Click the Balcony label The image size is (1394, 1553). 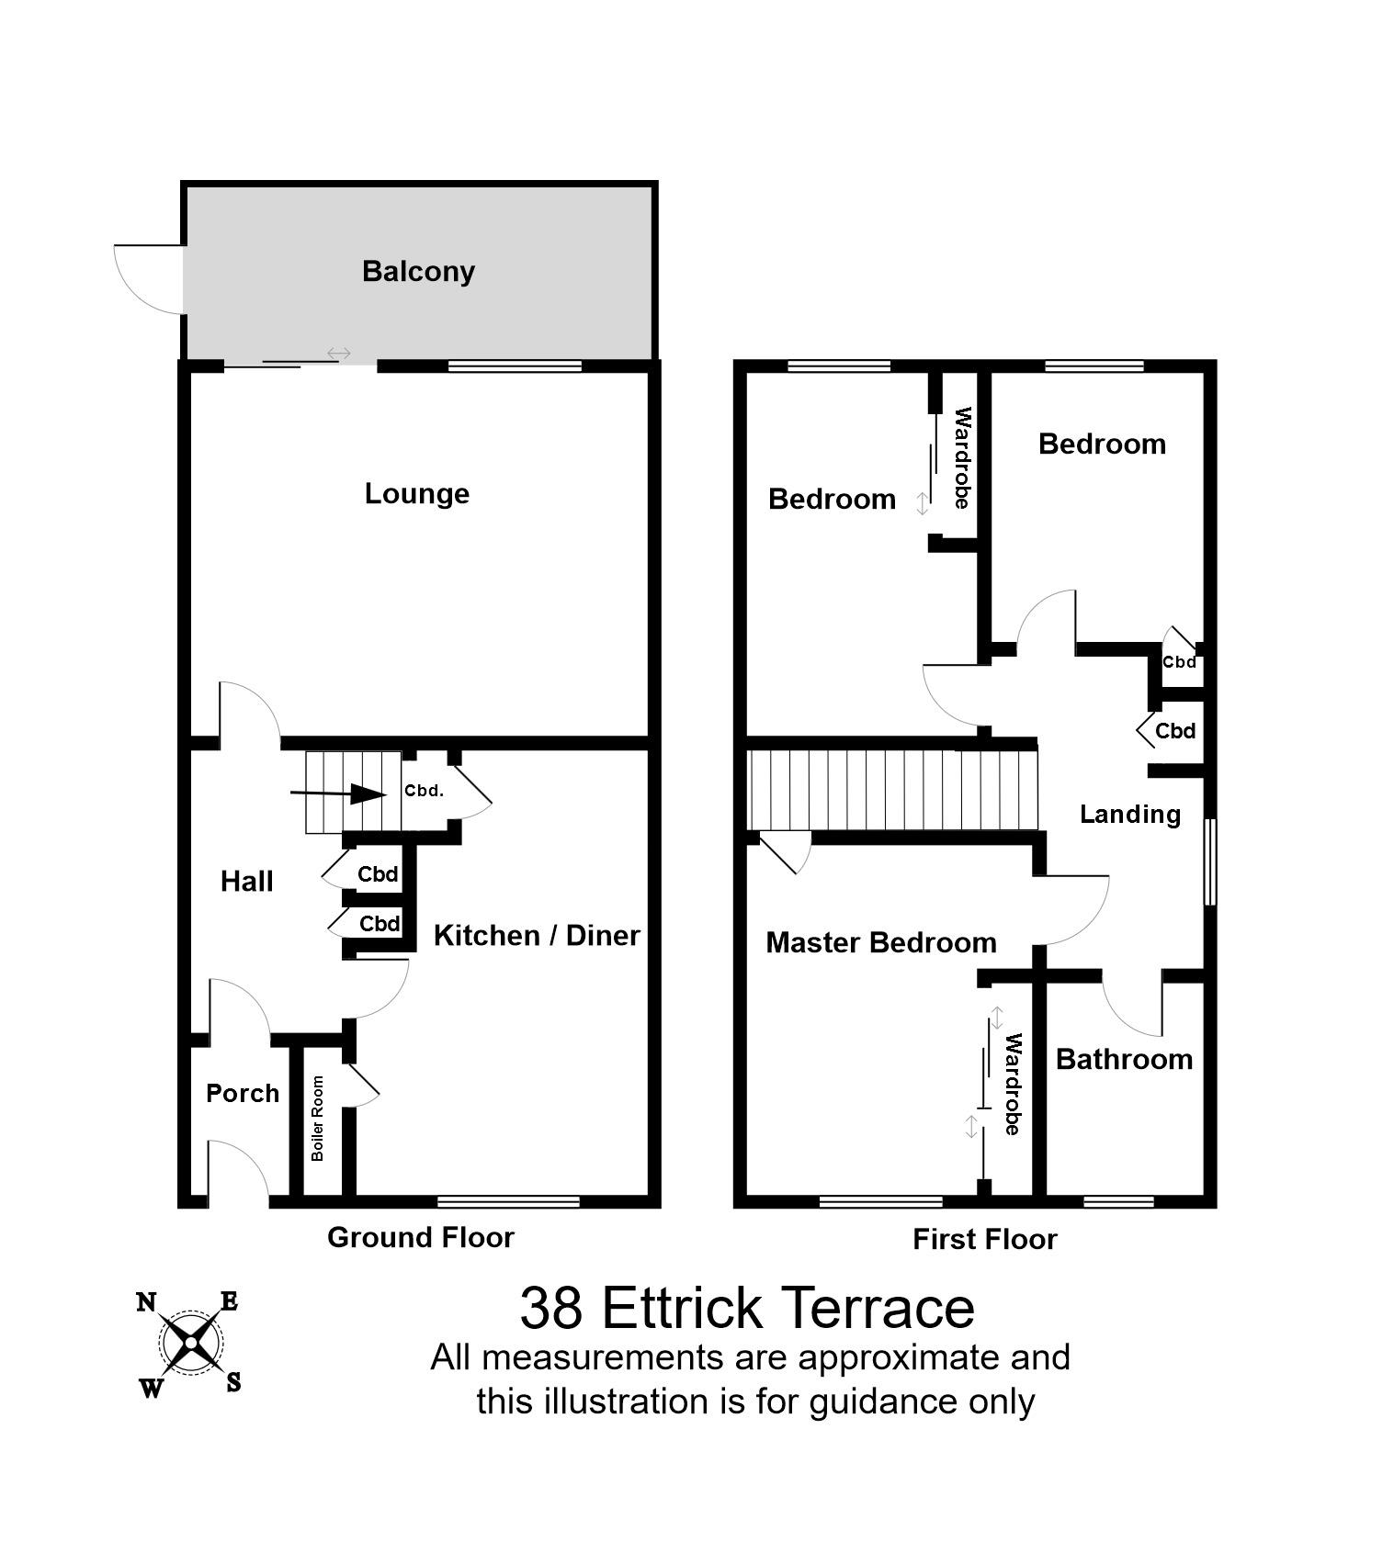pos(418,272)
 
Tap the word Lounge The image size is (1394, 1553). pos(416,494)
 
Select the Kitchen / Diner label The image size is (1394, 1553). pos(537,936)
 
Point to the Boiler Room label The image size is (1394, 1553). pos(318,1119)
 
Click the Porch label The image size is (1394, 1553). pos(243,1094)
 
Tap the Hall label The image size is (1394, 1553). pos(247,883)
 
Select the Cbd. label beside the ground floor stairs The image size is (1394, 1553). pos(424,791)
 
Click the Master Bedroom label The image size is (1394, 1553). pos(880,943)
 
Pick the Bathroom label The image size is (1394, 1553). pos(1124,1060)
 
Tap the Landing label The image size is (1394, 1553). pos(1129,815)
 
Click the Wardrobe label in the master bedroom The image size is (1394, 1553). pos(1013,1085)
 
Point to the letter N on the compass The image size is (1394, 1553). pos(146,1302)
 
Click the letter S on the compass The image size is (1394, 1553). pos(233,1382)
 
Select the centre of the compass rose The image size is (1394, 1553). pos(190,1343)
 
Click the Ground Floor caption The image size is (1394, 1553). pos(420,1238)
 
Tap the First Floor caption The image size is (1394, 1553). pos(984,1240)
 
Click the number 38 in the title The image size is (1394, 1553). pos(550,1308)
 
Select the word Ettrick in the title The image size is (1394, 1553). pos(683,1308)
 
